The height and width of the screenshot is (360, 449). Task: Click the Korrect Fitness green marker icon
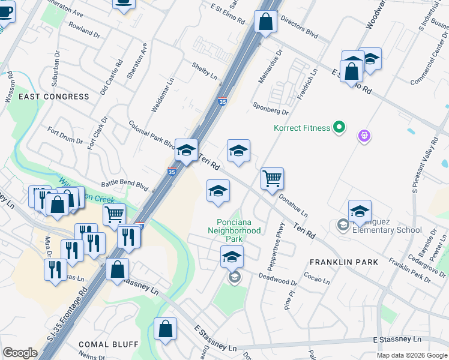pyautogui.click(x=339, y=128)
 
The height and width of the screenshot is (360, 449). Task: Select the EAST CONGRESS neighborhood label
pyautogui.click(x=53, y=97)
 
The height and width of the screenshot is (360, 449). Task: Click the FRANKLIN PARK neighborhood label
pyautogui.click(x=344, y=262)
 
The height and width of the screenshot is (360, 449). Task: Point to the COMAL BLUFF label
pyautogui.click(x=109, y=344)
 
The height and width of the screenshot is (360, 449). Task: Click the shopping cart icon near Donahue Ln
pyautogui.click(x=272, y=178)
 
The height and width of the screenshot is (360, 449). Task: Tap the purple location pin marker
pyautogui.click(x=364, y=136)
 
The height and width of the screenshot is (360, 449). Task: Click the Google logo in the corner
pyautogui.click(x=20, y=353)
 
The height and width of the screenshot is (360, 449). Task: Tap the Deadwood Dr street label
pyautogui.click(x=277, y=279)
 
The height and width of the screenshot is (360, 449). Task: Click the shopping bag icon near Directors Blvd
pyautogui.click(x=265, y=22)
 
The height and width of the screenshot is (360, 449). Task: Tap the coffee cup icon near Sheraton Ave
pyautogui.click(x=124, y=3)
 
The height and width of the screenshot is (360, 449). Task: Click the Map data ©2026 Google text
pyautogui.click(x=412, y=355)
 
